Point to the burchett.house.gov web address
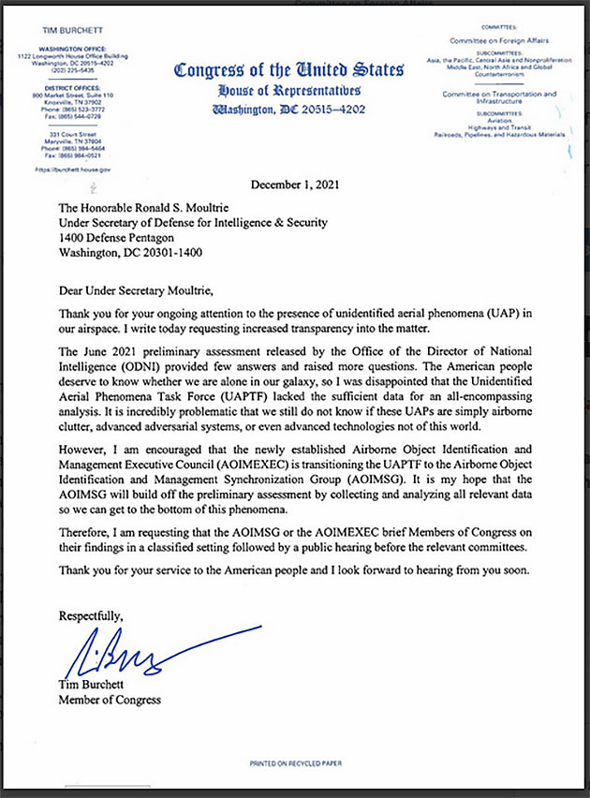pyautogui.click(x=74, y=170)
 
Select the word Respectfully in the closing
pyautogui.click(x=90, y=615)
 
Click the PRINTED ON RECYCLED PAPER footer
pyautogui.click(x=295, y=764)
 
